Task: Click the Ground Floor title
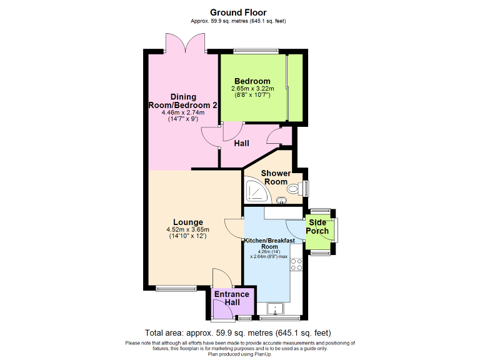coord(238,12)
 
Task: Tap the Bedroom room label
coord(252,81)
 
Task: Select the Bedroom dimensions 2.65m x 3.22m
coord(252,89)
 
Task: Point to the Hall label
coord(242,144)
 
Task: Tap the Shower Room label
coord(276,177)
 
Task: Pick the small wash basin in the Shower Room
coord(282,201)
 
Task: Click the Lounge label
coord(188,222)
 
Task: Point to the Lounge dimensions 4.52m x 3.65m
coord(188,230)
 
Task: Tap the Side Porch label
coord(317,226)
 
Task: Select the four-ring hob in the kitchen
coord(296,264)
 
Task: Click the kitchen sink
coord(274,308)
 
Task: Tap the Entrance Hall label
coord(232,298)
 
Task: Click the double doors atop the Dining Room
coord(185,42)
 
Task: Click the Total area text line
coord(238,332)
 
